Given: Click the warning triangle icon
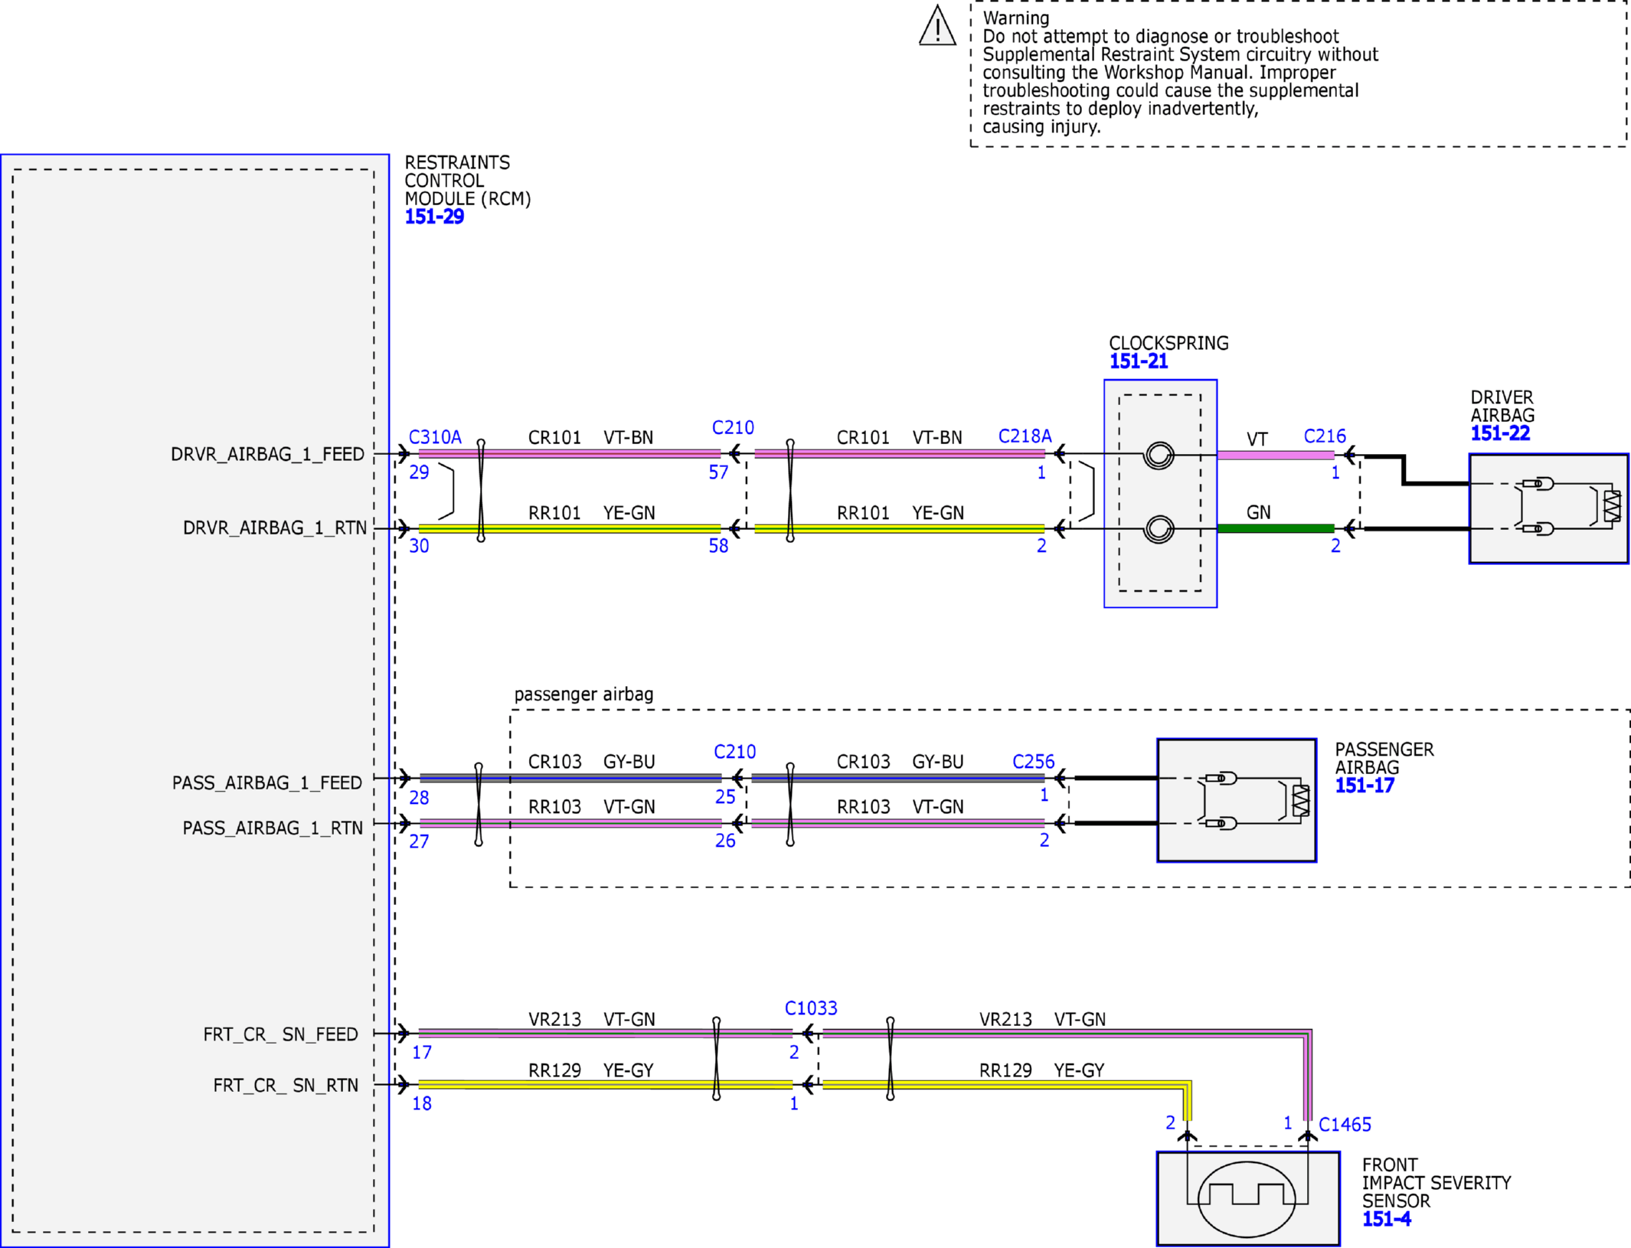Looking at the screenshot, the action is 937,27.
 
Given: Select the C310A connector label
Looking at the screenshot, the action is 435,437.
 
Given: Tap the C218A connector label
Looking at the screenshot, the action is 1025,436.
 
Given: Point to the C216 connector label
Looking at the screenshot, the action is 1325,436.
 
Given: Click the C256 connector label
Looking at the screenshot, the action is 1033,762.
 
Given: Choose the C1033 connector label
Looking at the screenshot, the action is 811,1008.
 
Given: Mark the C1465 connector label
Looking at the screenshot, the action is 1345,1125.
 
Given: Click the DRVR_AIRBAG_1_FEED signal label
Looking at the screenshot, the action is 267,455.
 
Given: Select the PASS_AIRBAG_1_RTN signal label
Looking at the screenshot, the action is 273,828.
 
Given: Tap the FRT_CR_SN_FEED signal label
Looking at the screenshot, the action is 280,1035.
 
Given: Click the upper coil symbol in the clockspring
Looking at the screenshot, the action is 1159,456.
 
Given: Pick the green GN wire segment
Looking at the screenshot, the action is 1276,528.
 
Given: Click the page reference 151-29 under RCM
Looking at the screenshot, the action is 434,217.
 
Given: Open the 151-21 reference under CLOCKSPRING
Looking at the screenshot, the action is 1139,361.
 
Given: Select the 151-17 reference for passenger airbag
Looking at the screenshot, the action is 1365,786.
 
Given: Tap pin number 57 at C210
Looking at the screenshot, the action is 718,472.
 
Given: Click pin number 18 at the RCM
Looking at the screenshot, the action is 422,1103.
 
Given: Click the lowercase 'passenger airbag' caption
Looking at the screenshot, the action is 583,694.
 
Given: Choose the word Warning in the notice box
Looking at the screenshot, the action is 1016,18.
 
